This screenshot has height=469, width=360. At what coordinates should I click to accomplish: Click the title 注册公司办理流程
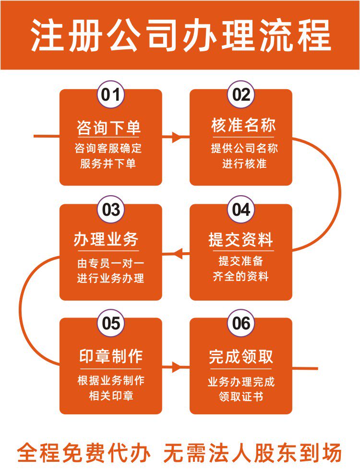pyautogui.click(x=180, y=35)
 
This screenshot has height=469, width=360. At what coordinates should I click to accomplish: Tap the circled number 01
pyautogui.click(x=111, y=94)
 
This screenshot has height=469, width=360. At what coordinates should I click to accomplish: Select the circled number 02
pyautogui.click(x=241, y=94)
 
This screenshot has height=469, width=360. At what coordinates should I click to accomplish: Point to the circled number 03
pyautogui.click(x=111, y=210)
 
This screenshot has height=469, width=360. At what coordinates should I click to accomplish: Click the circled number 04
pyautogui.click(x=241, y=210)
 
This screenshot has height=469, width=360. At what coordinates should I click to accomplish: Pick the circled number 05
pyautogui.click(x=111, y=323)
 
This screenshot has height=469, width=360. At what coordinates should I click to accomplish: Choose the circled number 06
pyautogui.click(x=241, y=323)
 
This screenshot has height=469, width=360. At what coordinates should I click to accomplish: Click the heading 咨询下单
pyautogui.click(x=109, y=128)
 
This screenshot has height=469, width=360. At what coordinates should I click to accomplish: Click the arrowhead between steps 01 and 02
pyautogui.click(x=178, y=137)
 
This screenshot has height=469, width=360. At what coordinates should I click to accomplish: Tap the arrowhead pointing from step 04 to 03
pyautogui.click(x=177, y=253)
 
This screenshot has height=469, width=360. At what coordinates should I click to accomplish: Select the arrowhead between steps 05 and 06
pyautogui.click(x=178, y=368)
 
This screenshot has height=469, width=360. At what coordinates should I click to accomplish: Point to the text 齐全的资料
pyautogui.click(x=241, y=277)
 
